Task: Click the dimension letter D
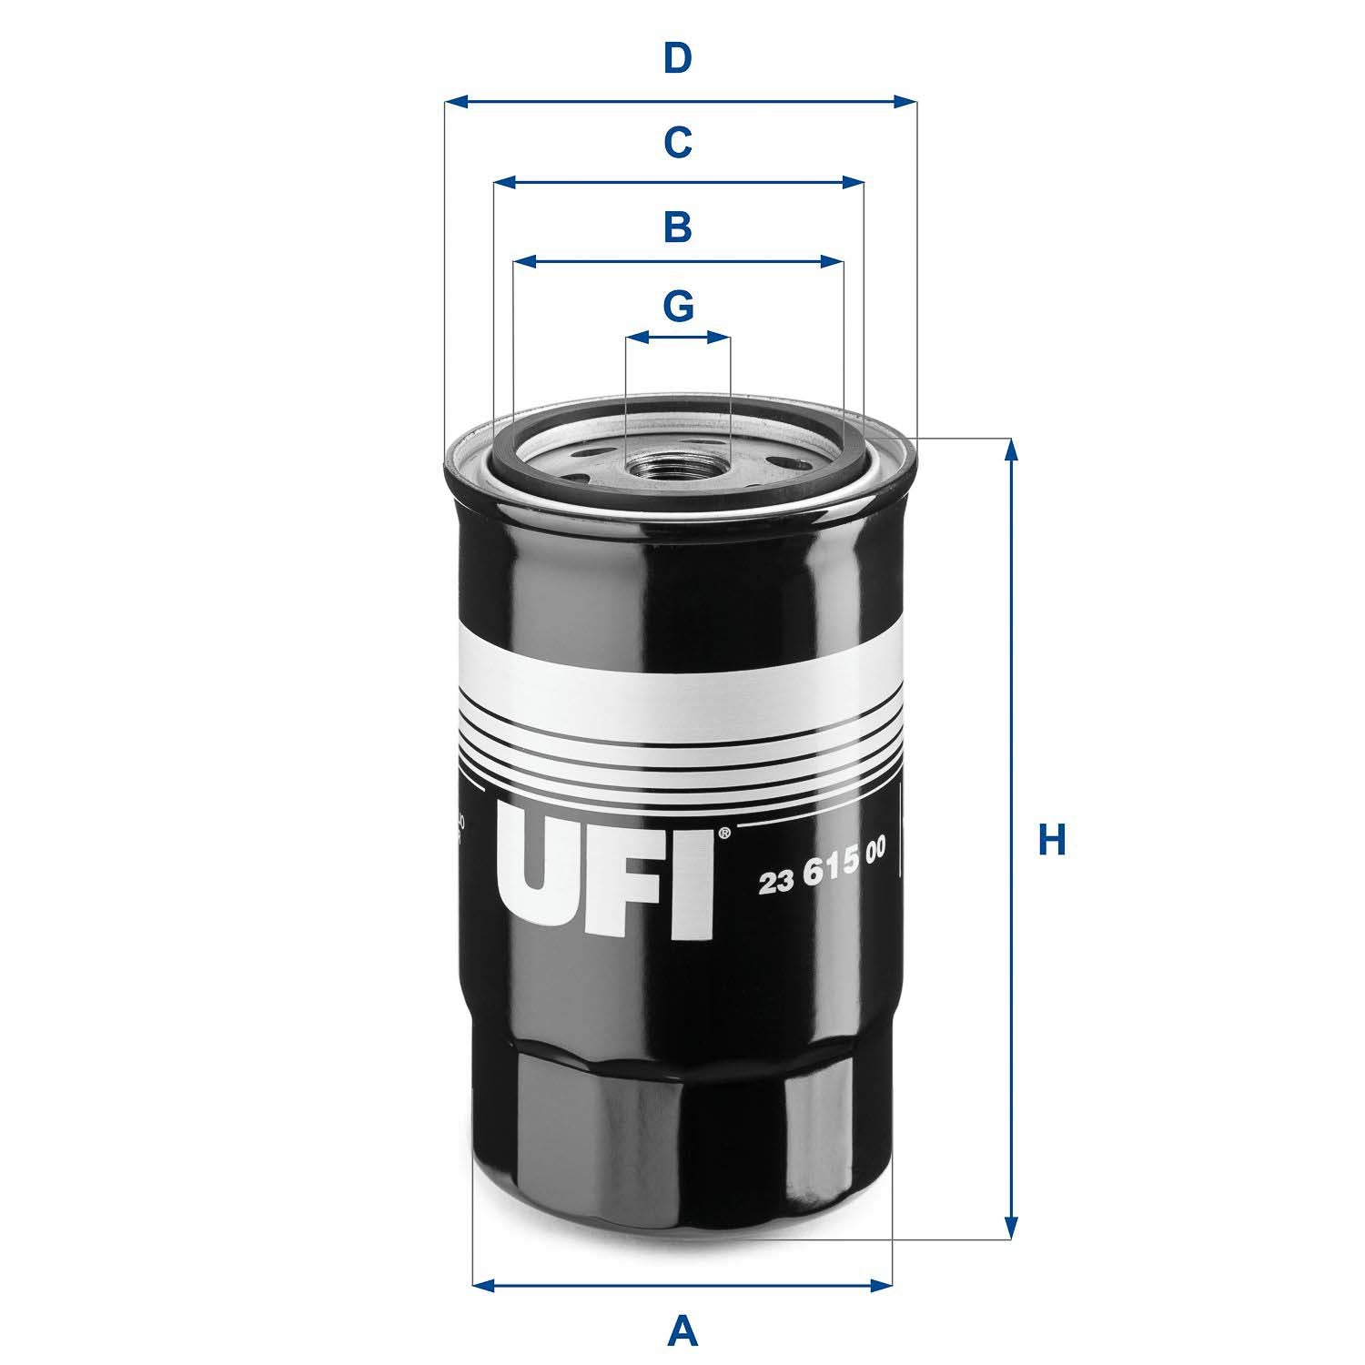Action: (x=677, y=59)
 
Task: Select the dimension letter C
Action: (x=677, y=143)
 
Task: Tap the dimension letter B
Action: (x=677, y=227)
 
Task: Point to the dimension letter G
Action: (x=678, y=307)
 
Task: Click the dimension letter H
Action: (x=1052, y=840)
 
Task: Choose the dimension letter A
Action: (x=682, y=1332)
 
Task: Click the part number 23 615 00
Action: (x=822, y=881)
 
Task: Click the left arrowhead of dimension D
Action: (x=456, y=101)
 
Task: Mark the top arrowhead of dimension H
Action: (x=1009, y=450)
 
